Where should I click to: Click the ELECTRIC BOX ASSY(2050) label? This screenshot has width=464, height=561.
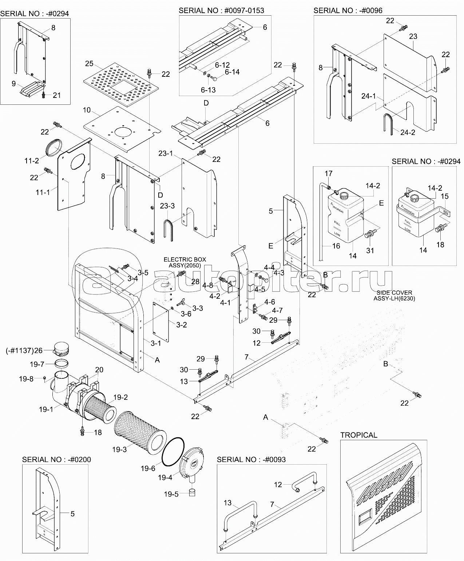[x=185, y=262]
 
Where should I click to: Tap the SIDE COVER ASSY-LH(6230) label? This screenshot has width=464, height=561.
[x=394, y=295]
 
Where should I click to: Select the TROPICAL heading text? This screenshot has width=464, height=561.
[x=358, y=435]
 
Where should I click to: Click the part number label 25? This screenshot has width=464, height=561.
[x=89, y=64]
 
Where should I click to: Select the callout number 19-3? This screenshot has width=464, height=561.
[x=119, y=449]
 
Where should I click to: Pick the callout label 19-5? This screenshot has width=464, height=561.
[x=170, y=494]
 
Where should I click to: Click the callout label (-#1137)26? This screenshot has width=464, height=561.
[x=24, y=350]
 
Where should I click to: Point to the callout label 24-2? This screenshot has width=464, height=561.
[x=408, y=132]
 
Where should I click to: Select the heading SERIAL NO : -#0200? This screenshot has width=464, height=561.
[x=56, y=459]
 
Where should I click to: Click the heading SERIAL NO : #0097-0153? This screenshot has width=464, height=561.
[x=221, y=10]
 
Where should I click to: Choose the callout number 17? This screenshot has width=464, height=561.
[x=329, y=174]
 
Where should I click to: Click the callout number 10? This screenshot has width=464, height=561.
[x=86, y=110]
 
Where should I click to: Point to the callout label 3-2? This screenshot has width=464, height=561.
[x=182, y=325]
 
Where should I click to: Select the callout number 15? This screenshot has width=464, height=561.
[x=444, y=196]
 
